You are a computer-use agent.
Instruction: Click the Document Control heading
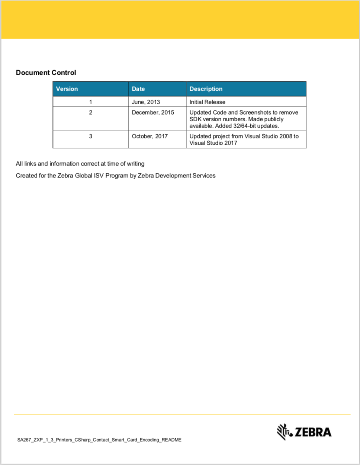(x=46, y=73)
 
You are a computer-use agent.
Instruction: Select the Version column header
(x=67, y=89)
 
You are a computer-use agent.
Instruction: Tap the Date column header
(x=138, y=89)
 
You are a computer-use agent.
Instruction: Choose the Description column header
(x=206, y=89)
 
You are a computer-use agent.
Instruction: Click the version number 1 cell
(x=90, y=102)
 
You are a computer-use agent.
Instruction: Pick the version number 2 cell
(x=90, y=112)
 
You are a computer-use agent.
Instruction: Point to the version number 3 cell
(x=90, y=136)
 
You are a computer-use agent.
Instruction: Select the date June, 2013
(x=146, y=102)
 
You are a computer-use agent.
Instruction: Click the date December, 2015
(x=153, y=112)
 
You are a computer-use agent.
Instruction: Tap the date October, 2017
(x=150, y=136)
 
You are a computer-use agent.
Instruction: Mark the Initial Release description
(x=207, y=102)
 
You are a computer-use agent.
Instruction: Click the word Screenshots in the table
(x=255, y=112)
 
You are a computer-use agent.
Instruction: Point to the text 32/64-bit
(x=244, y=126)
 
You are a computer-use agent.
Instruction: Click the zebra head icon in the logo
(x=284, y=432)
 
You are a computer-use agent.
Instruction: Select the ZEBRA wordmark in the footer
(x=313, y=432)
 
